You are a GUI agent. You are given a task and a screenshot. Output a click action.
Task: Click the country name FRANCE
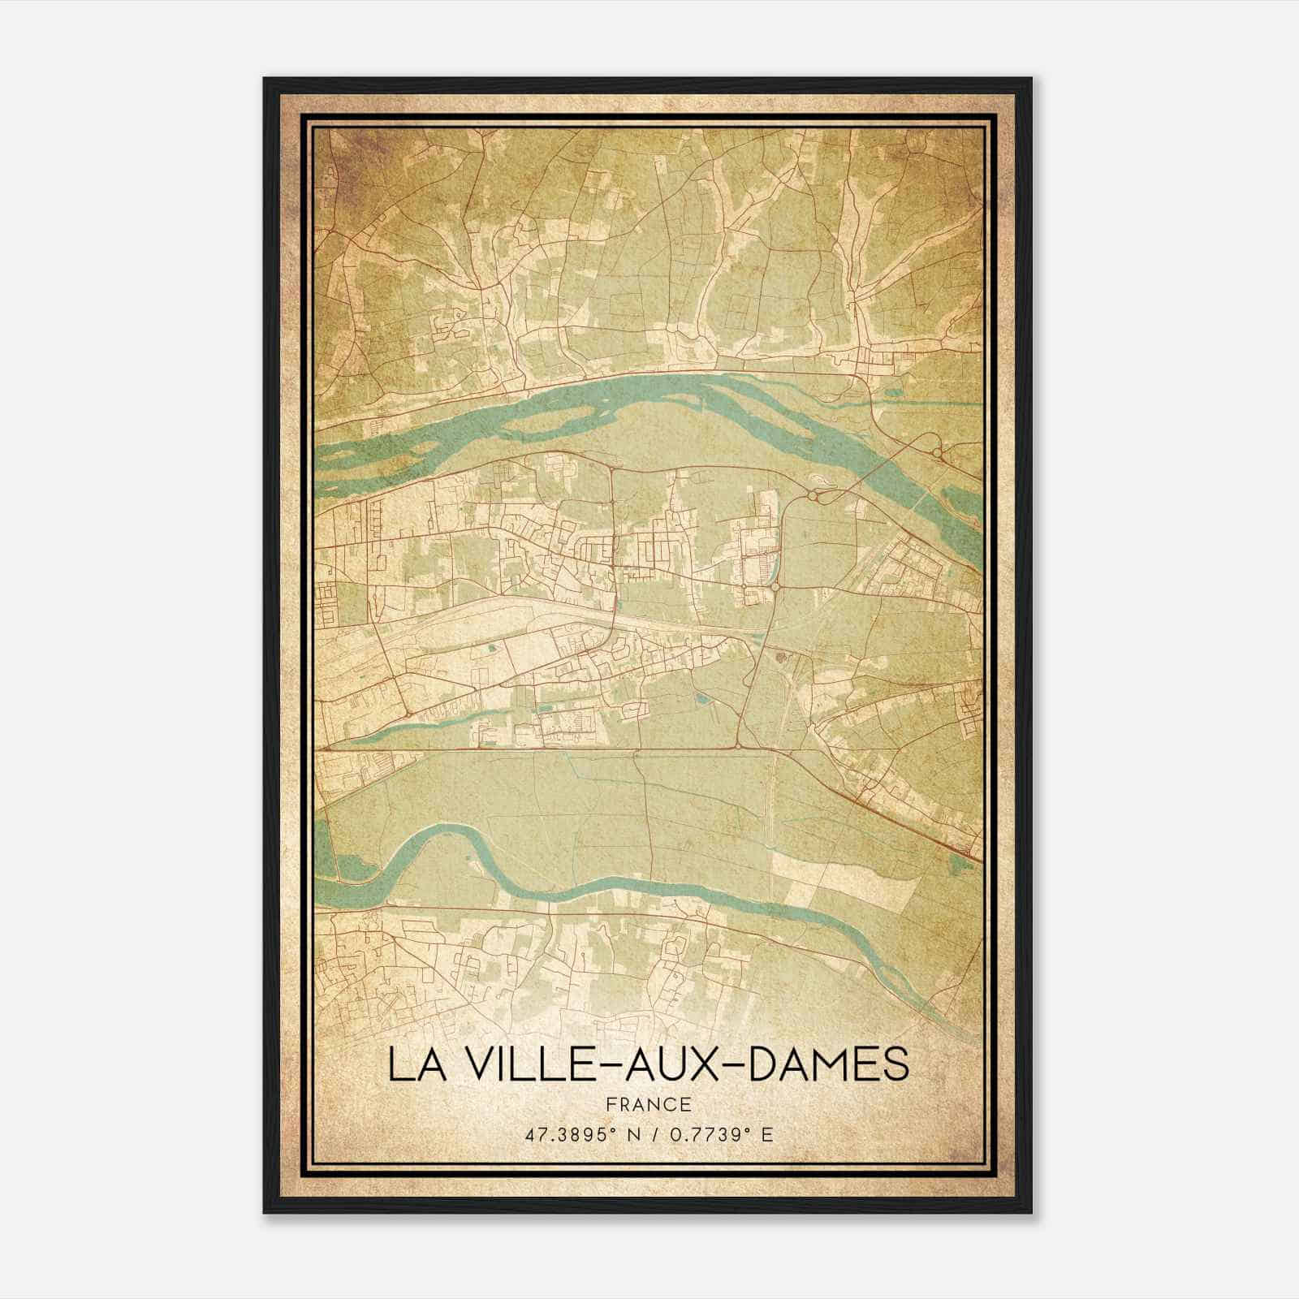tap(648, 1104)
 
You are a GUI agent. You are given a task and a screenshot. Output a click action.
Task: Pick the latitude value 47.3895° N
tap(577, 1135)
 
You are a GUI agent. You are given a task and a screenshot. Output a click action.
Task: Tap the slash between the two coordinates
tap(652, 1135)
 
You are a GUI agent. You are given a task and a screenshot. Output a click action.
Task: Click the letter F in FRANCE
tap(612, 1104)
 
